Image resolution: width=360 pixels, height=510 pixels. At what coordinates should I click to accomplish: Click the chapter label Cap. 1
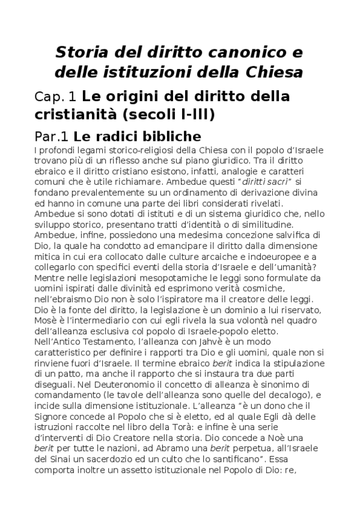coord(56,96)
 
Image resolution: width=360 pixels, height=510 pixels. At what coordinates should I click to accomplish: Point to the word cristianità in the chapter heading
coord(85,114)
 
